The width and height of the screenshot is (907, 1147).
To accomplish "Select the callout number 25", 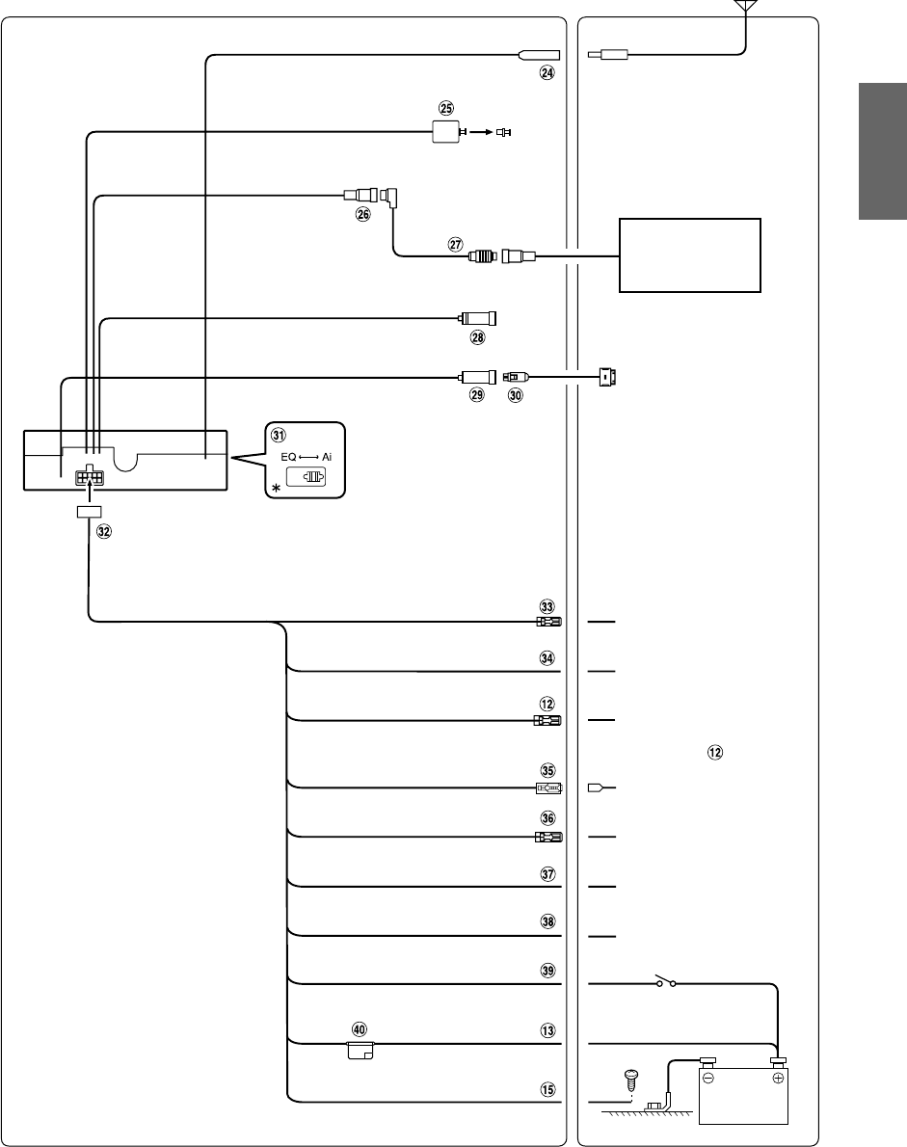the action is (x=445, y=108).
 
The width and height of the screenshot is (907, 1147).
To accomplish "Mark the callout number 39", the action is (x=547, y=972).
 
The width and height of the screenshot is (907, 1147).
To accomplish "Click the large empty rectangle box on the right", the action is (x=689, y=255).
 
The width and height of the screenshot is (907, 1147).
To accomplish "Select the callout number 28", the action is (x=477, y=336).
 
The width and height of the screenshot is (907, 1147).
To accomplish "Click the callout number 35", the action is (x=547, y=771).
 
